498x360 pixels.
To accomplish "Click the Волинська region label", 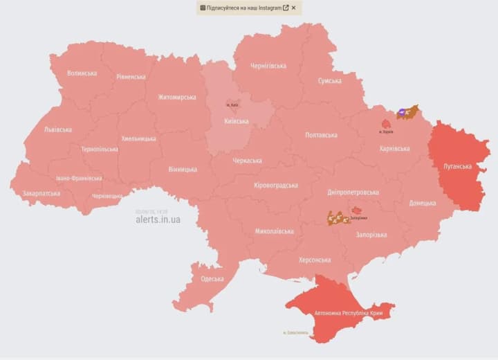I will click(x=82, y=73).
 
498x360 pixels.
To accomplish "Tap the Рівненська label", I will click(x=131, y=77).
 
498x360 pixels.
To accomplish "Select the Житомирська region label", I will click(x=177, y=98).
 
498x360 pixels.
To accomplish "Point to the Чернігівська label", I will click(x=268, y=66).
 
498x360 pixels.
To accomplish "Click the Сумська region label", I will click(x=329, y=81).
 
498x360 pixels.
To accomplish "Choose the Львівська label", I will click(x=57, y=129).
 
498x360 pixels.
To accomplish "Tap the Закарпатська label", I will click(x=41, y=194).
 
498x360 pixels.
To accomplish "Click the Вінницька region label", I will click(x=183, y=170).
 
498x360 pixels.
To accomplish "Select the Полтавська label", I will click(x=322, y=135).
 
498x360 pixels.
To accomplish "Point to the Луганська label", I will click(x=457, y=167).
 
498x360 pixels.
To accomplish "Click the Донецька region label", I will click(x=422, y=204).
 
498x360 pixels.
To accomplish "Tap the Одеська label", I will click(x=212, y=279).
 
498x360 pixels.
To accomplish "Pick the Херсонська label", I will click(x=315, y=260).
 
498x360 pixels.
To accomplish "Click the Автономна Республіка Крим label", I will click(x=348, y=314).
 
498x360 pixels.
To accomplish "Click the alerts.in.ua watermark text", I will click(x=158, y=219).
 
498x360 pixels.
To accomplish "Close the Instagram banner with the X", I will click(x=293, y=8).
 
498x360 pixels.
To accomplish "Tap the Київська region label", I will click(x=237, y=121).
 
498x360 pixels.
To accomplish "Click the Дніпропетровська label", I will click(x=353, y=192).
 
